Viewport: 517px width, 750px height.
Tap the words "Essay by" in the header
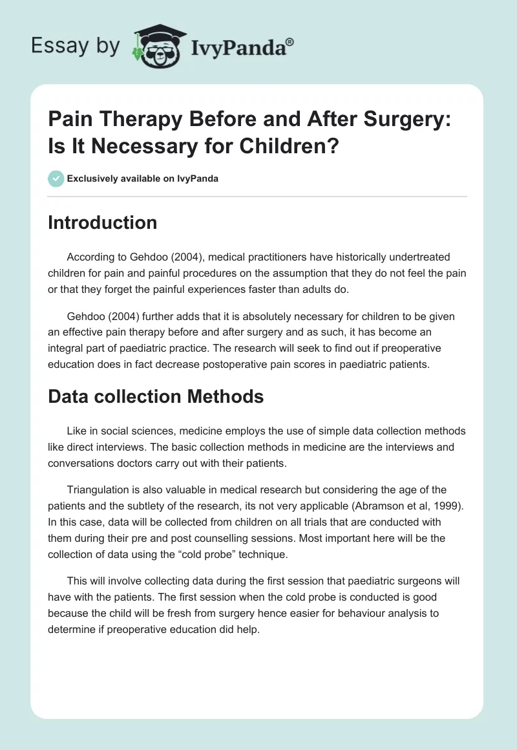(76, 47)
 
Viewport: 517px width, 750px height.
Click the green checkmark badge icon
(56, 178)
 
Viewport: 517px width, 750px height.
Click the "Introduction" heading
(103, 222)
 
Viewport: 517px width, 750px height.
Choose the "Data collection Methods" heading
(156, 396)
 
